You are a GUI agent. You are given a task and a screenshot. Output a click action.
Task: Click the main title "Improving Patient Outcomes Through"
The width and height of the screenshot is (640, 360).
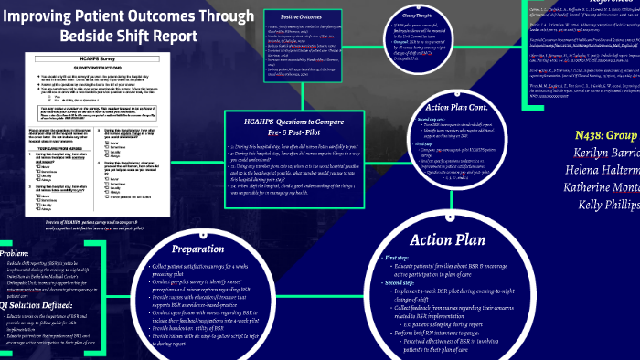(x=129, y=16)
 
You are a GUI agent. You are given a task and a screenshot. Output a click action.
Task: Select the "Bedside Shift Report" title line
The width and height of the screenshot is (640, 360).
(x=129, y=36)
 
